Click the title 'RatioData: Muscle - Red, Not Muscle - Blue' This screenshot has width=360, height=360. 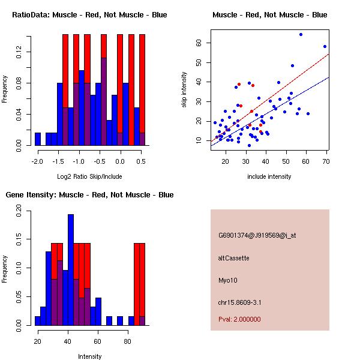pyautogui.click(x=89, y=14)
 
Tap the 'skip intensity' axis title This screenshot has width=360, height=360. pyautogui.click(x=185, y=90)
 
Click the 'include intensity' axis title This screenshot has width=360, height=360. pyautogui.click(x=269, y=176)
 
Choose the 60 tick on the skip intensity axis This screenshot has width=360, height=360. pyautogui.click(x=206, y=43)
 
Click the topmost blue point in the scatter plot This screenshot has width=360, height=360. pyautogui.click(x=301, y=34)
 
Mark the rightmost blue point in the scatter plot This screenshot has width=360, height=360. pyautogui.click(x=325, y=46)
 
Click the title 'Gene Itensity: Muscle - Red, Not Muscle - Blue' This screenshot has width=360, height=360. pyautogui.click(x=89, y=195)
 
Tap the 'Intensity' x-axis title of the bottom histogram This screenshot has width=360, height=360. pyautogui.click(x=89, y=356)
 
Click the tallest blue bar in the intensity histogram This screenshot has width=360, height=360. pyautogui.click(x=71, y=270)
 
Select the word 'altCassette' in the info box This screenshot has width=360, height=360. pyautogui.click(x=234, y=258)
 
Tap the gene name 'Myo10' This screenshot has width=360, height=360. pyautogui.click(x=227, y=280)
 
